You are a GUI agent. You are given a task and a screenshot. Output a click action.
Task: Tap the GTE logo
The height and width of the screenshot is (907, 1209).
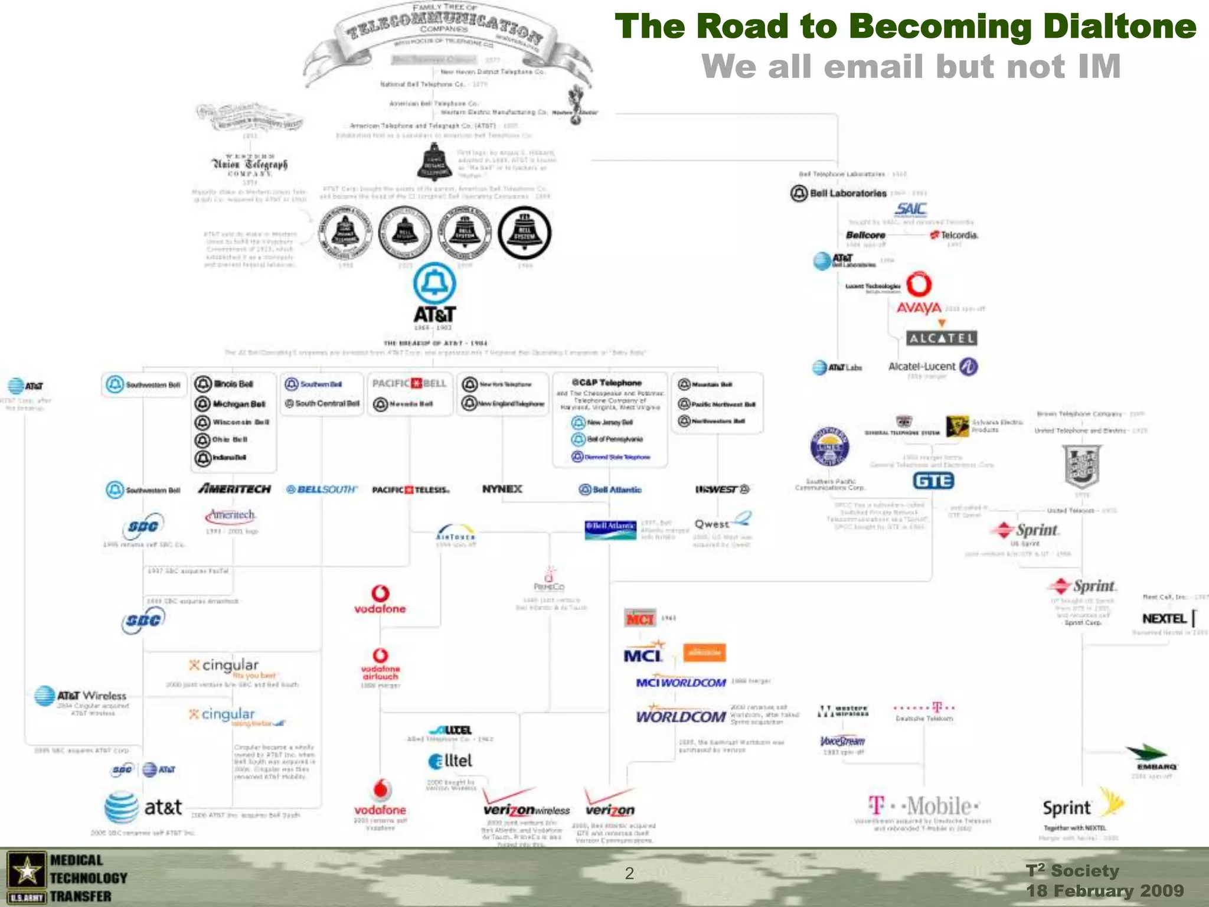point(933,481)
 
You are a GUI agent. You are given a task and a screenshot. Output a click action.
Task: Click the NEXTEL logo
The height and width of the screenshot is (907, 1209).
point(1165,618)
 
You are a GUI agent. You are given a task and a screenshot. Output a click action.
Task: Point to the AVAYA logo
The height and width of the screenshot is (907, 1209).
point(919,308)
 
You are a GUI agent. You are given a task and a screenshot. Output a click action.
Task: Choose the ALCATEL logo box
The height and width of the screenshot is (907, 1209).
point(942,338)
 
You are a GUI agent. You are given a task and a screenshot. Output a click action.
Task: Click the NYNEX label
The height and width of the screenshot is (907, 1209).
point(502,489)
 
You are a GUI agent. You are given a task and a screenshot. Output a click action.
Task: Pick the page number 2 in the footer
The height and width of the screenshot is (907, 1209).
point(629,873)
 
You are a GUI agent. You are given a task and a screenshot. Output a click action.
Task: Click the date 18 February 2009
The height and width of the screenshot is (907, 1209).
point(1105,890)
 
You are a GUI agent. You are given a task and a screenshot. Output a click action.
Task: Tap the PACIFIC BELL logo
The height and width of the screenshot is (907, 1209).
point(410,383)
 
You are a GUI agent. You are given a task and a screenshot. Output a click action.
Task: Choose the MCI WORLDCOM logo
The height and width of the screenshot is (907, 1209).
point(681,682)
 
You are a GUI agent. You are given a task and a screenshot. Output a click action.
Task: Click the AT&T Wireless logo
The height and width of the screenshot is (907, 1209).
point(80,696)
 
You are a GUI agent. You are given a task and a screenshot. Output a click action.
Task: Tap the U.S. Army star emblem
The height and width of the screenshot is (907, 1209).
point(26,872)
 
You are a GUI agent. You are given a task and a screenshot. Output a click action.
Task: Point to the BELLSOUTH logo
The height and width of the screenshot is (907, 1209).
point(322,490)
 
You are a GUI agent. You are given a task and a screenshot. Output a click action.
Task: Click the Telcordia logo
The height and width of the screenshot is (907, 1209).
point(954,235)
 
